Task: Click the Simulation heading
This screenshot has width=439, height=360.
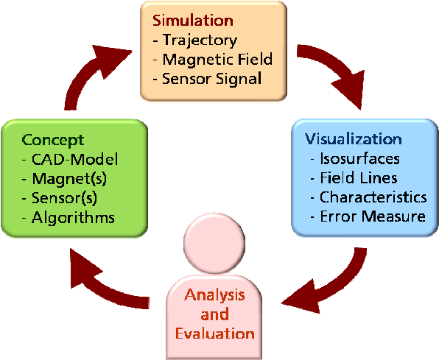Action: coord(193,21)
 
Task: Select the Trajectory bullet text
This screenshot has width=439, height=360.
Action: coord(200,40)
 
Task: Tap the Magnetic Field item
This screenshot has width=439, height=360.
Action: coord(217,60)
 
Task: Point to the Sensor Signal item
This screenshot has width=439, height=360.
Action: coord(211,79)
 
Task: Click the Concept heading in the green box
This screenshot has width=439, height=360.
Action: coord(52,140)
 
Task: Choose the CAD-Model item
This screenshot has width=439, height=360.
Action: coord(74,159)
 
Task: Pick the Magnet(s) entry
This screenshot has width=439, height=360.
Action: coord(69,179)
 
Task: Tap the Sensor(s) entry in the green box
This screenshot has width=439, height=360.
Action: coord(64,198)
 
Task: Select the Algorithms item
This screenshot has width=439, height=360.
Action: coord(73,217)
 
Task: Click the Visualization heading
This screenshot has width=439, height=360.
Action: coord(354,139)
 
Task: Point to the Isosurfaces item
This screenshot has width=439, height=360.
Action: coord(359,159)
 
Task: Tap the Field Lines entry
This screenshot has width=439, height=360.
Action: coord(359,178)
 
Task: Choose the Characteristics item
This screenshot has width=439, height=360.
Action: coord(373,197)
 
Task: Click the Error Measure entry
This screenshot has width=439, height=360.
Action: coord(373,216)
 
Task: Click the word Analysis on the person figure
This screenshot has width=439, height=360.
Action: coord(214,295)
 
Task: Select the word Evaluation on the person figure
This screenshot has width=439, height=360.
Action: coord(215,333)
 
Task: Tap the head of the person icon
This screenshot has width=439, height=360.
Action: coord(214,243)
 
